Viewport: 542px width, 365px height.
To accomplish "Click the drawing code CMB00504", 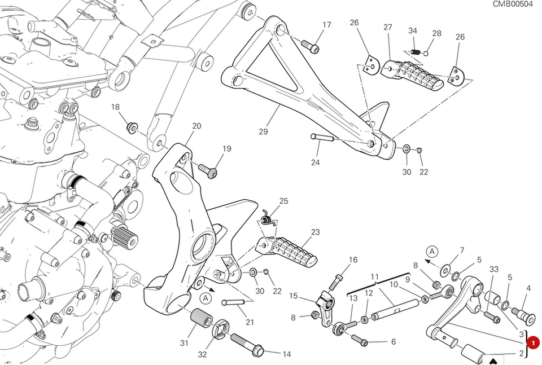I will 513,4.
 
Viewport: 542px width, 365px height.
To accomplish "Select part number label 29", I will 263,132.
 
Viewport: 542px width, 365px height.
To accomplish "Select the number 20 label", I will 196,126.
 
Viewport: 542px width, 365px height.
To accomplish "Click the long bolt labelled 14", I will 246,345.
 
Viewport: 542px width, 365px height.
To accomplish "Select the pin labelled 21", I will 233,302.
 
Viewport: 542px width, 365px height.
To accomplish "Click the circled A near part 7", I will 432,251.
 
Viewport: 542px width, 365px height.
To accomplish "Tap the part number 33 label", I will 494,270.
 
